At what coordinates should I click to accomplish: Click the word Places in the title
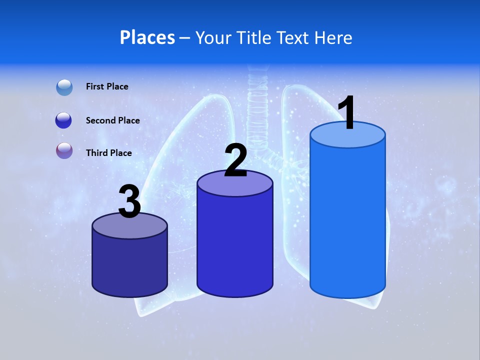click(x=147, y=37)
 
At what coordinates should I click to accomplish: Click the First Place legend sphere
click(x=64, y=87)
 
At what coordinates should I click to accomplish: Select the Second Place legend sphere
click(x=64, y=120)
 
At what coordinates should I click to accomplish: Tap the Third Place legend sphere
click(x=64, y=150)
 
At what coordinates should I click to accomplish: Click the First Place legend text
click(x=107, y=86)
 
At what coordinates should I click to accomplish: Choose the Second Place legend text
click(x=112, y=120)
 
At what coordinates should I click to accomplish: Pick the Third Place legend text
click(x=108, y=152)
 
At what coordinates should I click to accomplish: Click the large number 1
click(x=346, y=113)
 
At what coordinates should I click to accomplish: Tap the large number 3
click(x=130, y=202)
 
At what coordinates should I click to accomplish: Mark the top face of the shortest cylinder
click(x=129, y=226)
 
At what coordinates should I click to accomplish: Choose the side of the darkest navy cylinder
click(x=129, y=265)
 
